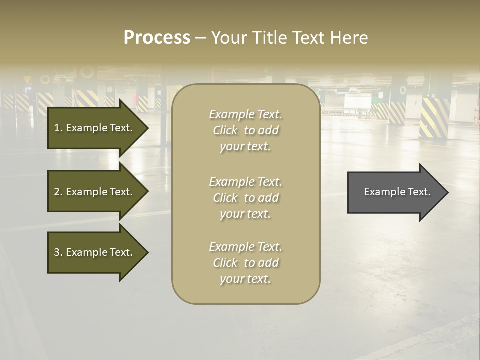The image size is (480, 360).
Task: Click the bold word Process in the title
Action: point(157,38)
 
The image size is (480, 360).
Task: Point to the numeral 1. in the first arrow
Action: point(58,128)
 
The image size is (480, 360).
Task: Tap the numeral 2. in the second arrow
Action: point(58,192)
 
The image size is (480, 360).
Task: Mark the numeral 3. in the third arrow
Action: point(58,252)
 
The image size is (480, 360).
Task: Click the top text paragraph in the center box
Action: point(245,130)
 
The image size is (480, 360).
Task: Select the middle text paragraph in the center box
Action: point(245,198)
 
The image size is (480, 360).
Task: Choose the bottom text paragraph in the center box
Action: point(245,263)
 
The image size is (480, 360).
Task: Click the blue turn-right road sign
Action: point(28,90)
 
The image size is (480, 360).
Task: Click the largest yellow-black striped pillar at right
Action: point(434,118)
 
